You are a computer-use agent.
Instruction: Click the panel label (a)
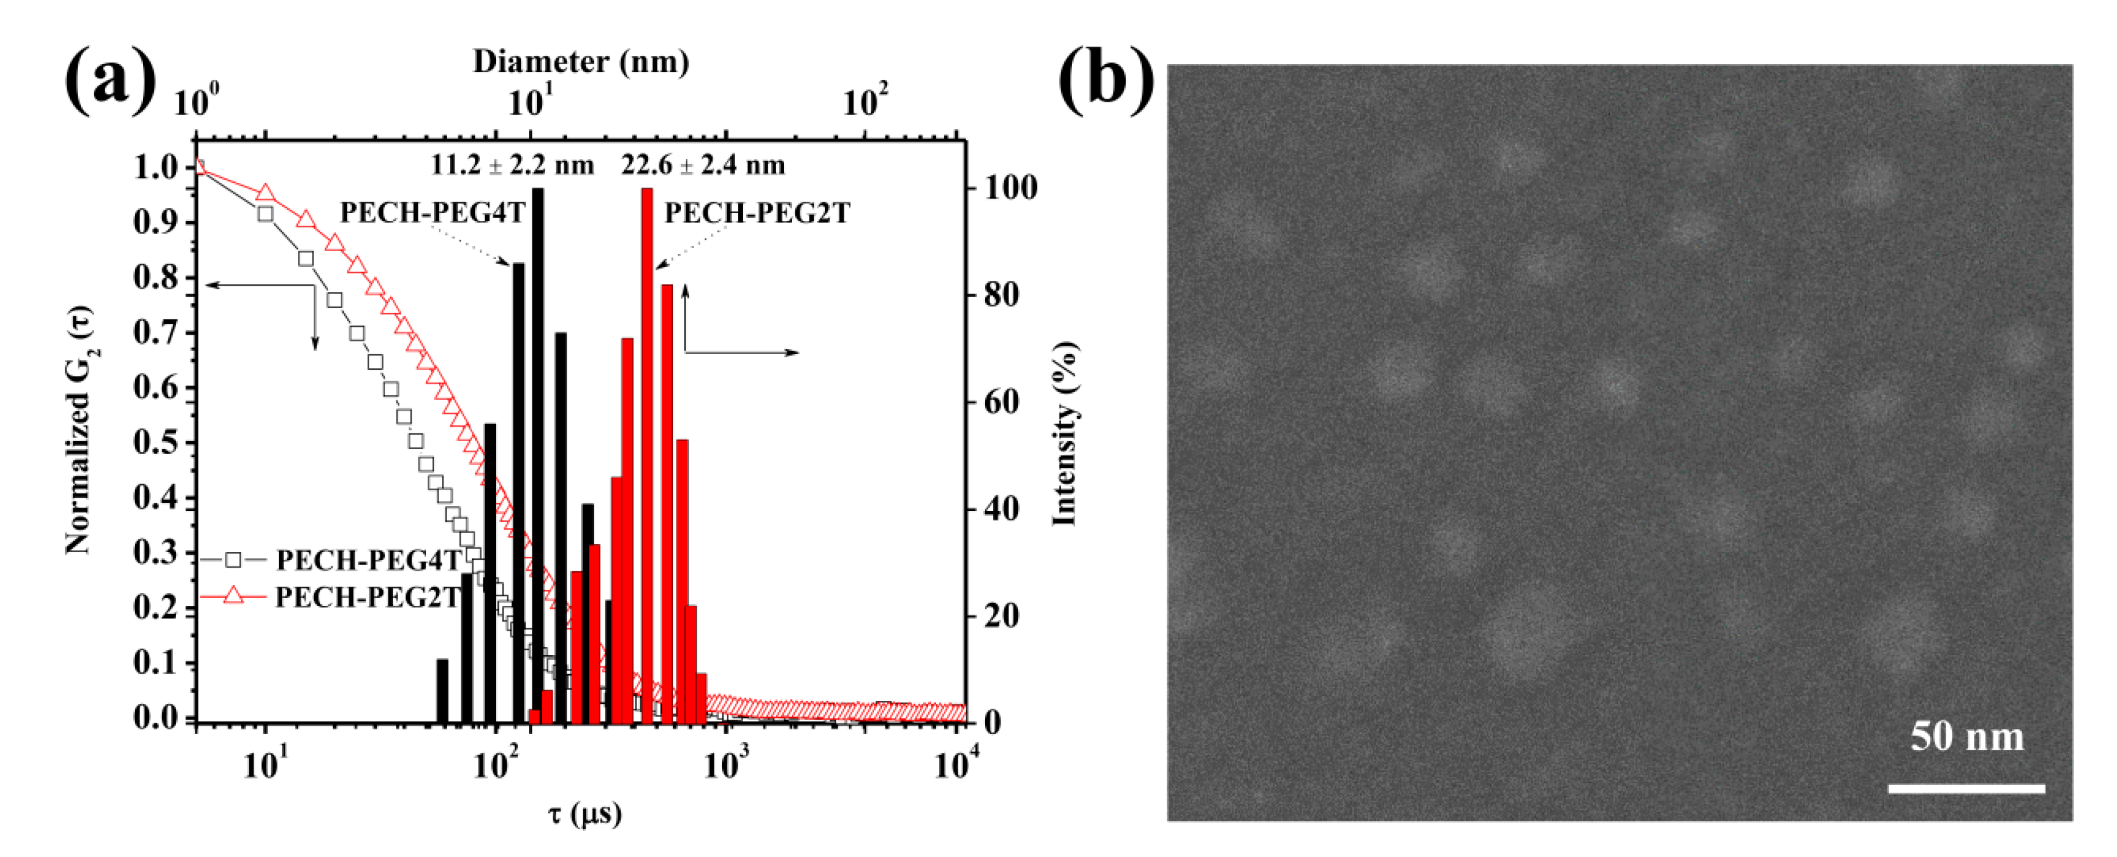pyautogui.click(x=110, y=80)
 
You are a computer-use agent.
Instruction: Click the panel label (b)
pyautogui.click(x=1105, y=80)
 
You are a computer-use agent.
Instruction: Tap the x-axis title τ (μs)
pyautogui.click(x=584, y=813)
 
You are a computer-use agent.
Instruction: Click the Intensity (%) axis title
pyautogui.click(x=1065, y=433)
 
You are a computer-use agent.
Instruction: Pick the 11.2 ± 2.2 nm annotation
pyautogui.click(x=512, y=165)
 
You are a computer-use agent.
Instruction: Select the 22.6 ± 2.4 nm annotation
pyautogui.click(x=703, y=165)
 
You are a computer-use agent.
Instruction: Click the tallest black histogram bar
pyautogui.click(x=538, y=452)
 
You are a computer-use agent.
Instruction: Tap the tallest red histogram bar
pyautogui.click(x=647, y=452)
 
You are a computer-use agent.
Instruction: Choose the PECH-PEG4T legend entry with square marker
pyautogui.click(x=367, y=560)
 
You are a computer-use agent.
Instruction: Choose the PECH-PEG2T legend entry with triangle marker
pyautogui.click(x=367, y=597)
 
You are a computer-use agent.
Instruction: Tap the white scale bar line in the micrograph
pyautogui.click(x=1966, y=789)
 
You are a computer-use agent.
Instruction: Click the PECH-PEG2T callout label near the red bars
pyautogui.click(x=757, y=213)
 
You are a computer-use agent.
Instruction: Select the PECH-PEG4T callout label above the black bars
pyautogui.click(x=432, y=213)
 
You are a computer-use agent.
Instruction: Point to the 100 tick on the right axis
pyautogui.click(x=1012, y=188)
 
